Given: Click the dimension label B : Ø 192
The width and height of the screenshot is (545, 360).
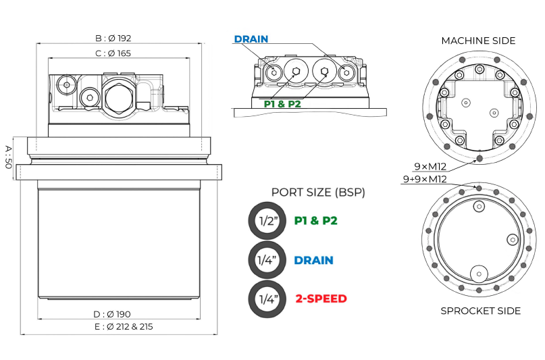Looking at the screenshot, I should (113, 38).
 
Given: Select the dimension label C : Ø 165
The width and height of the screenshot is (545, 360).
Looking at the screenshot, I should (113, 53).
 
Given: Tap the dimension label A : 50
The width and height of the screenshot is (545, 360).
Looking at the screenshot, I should (7, 156).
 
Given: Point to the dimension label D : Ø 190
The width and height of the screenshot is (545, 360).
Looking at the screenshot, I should (113, 313).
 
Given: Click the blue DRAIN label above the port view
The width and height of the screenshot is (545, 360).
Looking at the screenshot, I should (251, 39).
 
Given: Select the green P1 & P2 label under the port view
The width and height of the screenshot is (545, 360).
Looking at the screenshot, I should (282, 103).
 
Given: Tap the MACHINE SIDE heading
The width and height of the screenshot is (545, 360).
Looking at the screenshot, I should (478, 41).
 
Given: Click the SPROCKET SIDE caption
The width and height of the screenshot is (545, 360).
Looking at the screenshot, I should (480, 311).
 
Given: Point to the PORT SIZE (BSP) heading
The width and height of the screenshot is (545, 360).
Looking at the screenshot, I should (318, 192).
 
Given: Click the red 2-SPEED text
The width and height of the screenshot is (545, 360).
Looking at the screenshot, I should (321, 298).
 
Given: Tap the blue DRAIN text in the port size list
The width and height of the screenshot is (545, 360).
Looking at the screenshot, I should (314, 259).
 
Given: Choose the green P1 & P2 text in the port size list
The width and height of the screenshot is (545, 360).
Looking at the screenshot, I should (315, 221).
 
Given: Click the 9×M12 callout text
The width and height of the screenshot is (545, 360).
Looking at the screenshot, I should (430, 165).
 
